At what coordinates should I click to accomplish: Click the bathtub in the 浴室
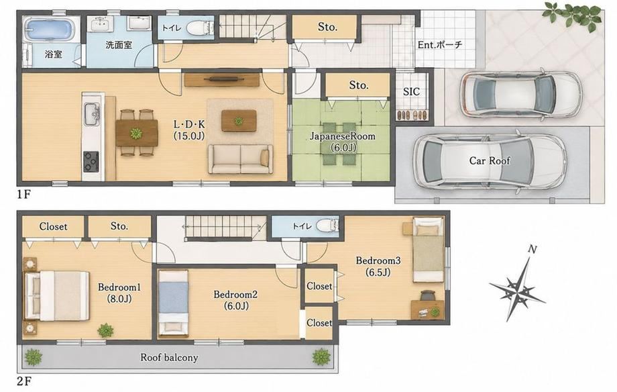pos(50,29)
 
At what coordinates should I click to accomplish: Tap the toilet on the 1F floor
pos(199,28)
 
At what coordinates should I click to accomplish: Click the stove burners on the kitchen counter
pos(91,160)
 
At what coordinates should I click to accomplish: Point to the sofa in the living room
pos(240,159)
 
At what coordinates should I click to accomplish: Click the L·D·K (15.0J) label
pos(189,130)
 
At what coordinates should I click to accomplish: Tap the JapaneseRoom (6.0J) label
pos(342,142)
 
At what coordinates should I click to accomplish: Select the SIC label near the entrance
pos(411,92)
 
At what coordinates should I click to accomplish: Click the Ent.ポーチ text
pos(439,44)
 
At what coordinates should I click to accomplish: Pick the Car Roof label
pos(490,160)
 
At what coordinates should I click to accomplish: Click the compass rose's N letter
pos(532,249)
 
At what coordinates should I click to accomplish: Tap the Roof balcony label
pos(169,358)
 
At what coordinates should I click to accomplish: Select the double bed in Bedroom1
pos(56,295)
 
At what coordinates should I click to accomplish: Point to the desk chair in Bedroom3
pos(428,295)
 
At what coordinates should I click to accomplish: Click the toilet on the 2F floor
pos(327,226)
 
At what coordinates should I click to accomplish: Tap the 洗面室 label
pos(119,44)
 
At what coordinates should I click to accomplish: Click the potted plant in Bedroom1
pos(105,330)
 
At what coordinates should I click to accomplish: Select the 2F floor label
pos(23,381)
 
